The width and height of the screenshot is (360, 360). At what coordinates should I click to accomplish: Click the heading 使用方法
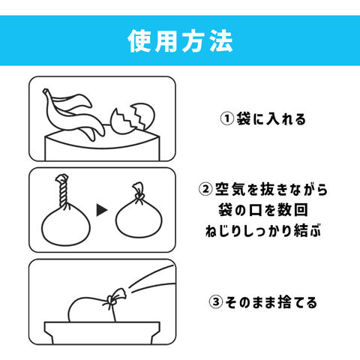[x=180, y=40]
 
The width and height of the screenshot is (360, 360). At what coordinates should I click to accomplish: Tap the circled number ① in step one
[x=227, y=118]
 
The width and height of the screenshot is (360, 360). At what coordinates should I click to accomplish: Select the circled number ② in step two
[x=205, y=189]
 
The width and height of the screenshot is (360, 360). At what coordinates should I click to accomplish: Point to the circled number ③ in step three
[x=216, y=302]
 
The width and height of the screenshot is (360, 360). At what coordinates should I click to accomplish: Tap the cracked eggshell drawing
[x=133, y=118]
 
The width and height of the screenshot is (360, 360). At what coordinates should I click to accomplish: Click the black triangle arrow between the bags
[x=102, y=210]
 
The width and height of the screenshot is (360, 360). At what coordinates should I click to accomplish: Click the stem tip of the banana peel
[x=46, y=91]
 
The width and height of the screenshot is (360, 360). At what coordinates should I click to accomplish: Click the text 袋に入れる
[x=271, y=119]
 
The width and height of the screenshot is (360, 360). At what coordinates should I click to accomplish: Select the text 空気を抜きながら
[x=271, y=189]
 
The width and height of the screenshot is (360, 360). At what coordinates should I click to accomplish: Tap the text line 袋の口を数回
[x=263, y=210]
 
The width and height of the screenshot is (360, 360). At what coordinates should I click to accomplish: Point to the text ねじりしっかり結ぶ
[x=263, y=230]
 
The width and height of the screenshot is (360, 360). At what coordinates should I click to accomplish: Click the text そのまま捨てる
[x=271, y=302]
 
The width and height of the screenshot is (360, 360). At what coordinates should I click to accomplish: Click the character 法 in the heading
[x=221, y=40]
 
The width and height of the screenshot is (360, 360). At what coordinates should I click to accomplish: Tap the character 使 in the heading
[x=139, y=40]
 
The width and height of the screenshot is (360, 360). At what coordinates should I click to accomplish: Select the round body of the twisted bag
[x=66, y=226]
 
